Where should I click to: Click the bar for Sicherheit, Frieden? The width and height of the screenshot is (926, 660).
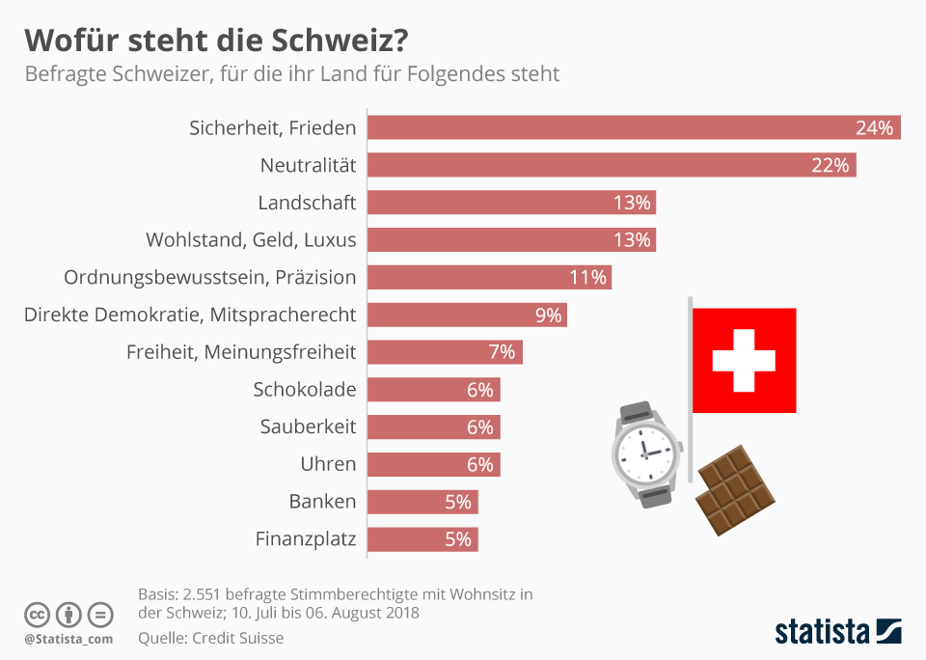coord(634,127)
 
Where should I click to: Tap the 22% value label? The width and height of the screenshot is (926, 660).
coord(831,165)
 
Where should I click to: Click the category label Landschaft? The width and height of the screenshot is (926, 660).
coord(307,203)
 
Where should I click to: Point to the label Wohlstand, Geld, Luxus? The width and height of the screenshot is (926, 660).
coord(251,239)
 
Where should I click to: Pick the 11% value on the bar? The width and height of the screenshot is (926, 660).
coord(588,277)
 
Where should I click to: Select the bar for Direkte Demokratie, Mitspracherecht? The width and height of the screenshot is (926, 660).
coord(467,315)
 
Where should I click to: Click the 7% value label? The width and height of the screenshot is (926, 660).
coord(502,352)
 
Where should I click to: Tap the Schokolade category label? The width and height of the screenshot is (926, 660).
coord(305,390)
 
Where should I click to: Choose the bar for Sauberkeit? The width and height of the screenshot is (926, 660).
coord(434,427)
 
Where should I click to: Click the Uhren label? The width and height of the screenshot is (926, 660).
coord(328,464)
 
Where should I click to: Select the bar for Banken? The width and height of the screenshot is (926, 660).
coord(422,502)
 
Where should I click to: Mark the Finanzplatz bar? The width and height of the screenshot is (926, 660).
coord(422,539)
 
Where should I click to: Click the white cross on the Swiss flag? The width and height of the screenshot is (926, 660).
coord(744,360)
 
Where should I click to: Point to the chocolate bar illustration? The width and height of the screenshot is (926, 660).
coord(736,490)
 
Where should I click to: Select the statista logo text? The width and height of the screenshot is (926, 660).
coord(821,632)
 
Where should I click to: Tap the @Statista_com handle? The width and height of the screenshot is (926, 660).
coord(68,639)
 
